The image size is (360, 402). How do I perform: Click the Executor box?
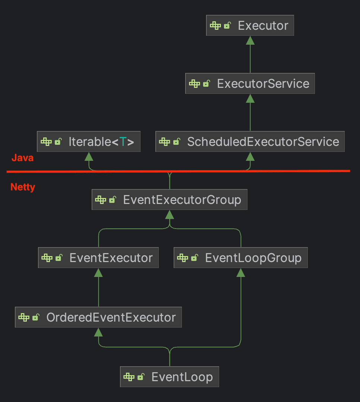250,25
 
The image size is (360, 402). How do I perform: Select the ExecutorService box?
250,83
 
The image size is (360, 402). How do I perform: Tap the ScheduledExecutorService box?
250,141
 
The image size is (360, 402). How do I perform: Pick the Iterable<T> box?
89,141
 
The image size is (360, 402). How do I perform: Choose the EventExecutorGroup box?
170,200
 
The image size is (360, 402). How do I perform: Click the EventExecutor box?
98,258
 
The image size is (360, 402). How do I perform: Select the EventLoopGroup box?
241,258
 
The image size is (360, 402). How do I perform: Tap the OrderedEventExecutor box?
98,317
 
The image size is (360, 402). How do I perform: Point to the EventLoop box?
170,377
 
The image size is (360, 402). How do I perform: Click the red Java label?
23,158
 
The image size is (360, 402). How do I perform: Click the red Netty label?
23,187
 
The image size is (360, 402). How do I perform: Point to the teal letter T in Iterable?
123,141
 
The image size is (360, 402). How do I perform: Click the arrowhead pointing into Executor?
250,40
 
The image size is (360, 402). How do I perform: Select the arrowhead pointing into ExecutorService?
250,98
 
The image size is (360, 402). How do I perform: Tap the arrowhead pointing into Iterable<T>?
89,156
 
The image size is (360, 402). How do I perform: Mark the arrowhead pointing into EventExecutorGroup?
170,215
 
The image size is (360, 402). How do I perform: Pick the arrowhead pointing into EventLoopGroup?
241,272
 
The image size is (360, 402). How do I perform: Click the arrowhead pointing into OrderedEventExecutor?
98,332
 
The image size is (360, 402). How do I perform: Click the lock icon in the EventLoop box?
141,377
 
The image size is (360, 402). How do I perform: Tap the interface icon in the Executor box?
215,25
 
